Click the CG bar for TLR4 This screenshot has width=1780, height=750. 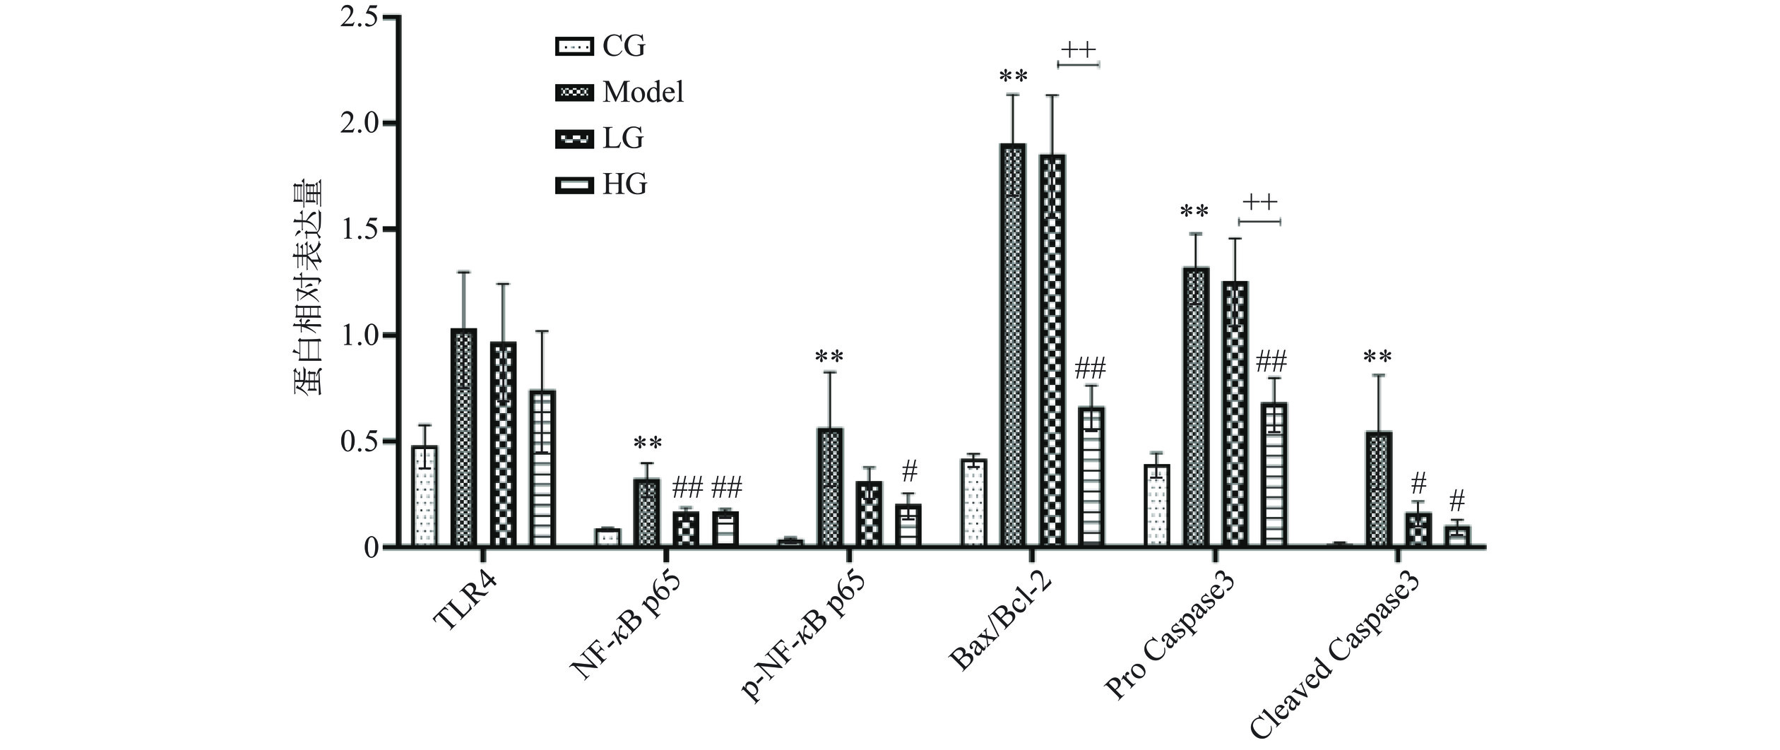[x=425, y=496]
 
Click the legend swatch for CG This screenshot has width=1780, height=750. [x=572, y=47]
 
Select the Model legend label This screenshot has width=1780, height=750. [x=643, y=93]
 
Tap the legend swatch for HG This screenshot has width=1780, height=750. [x=572, y=185]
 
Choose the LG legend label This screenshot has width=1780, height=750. [x=623, y=138]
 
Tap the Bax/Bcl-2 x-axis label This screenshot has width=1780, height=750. [x=1003, y=618]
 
